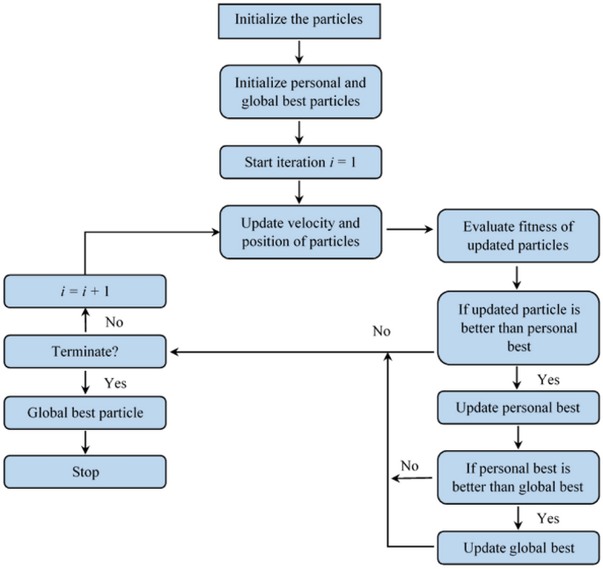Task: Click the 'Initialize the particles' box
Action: pyautogui.click(x=299, y=19)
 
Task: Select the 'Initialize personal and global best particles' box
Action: pyautogui.click(x=299, y=91)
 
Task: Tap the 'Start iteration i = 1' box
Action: pyautogui.click(x=299, y=162)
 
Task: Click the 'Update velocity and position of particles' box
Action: pyautogui.click(x=299, y=232)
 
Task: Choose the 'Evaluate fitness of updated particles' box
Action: pyautogui.click(x=516, y=235)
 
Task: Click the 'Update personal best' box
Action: pyautogui.click(x=516, y=408)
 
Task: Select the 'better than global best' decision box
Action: pyautogui.click(x=516, y=477)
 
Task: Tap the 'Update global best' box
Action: pyautogui.click(x=516, y=548)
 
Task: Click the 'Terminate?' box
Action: pyautogui.click(x=85, y=352)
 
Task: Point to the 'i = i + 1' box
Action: pyautogui.click(x=85, y=291)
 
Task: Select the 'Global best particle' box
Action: pyautogui.click(x=85, y=411)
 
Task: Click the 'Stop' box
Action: pyautogui.click(x=85, y=472)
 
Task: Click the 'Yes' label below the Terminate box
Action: pyautogui.click(x=114, y=383)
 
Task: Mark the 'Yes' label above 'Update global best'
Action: pyautogui.click(x=548, y=518)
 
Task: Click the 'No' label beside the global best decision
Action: pyautogui.click(x=409, y=465)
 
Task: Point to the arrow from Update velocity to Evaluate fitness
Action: pyautogui.click(x=409, y=232)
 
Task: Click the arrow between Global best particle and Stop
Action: pyautogui.click(x=85, y=442)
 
